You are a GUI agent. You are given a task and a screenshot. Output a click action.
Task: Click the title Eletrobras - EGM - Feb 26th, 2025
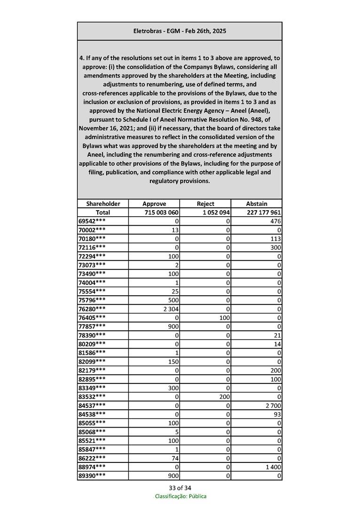tap(180, 31)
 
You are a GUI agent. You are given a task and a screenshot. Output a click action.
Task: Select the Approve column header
tap(154, 204)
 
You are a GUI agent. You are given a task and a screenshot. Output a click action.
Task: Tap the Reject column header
tap(205, 204)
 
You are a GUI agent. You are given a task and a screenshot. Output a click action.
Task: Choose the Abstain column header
tap(257, 204)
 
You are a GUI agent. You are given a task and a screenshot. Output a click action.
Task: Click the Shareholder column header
tap(103, 204)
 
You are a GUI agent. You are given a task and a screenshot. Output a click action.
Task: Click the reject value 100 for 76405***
tap(224, 318)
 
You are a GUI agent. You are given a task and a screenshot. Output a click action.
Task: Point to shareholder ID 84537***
tap(92, 405)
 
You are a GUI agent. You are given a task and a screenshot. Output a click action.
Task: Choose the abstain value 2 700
tap(272, 405)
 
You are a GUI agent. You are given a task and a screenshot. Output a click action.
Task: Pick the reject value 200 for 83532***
tap(224, 396)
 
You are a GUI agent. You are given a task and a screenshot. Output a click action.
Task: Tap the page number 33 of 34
tap(180, 487)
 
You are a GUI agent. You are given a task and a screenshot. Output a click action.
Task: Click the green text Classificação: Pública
tap(180, 496)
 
